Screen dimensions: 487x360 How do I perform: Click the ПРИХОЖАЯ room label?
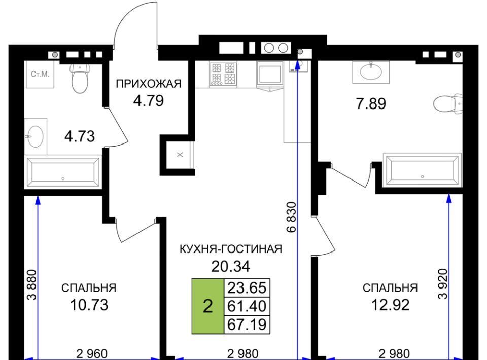coord(149,84)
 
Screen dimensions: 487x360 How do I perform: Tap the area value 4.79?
coord(149,101)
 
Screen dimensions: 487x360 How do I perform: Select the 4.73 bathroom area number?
coord(80,136)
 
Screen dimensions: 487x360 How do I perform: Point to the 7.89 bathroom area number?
coord(371,103)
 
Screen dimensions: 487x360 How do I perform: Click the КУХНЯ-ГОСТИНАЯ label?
coord(231,249)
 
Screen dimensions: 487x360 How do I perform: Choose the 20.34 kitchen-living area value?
coord(230,266)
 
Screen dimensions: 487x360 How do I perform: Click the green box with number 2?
coord(208,306)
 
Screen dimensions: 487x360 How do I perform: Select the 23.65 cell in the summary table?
coord(247,287)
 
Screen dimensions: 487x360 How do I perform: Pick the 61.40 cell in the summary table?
coord(247,306)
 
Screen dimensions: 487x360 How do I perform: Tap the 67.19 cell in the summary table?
coord(247,325)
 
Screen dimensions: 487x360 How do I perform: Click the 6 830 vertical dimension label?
coord(292,217)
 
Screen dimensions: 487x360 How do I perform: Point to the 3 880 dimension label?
coord(32,285)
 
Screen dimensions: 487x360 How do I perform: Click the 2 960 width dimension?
coord(92,354)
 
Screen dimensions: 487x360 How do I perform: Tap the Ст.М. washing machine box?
coord(40,74)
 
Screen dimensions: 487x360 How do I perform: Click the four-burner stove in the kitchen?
coord(223,74)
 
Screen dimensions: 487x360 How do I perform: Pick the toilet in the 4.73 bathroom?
coord(80,78)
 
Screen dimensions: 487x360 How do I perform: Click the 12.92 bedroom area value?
coord(391,305)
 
